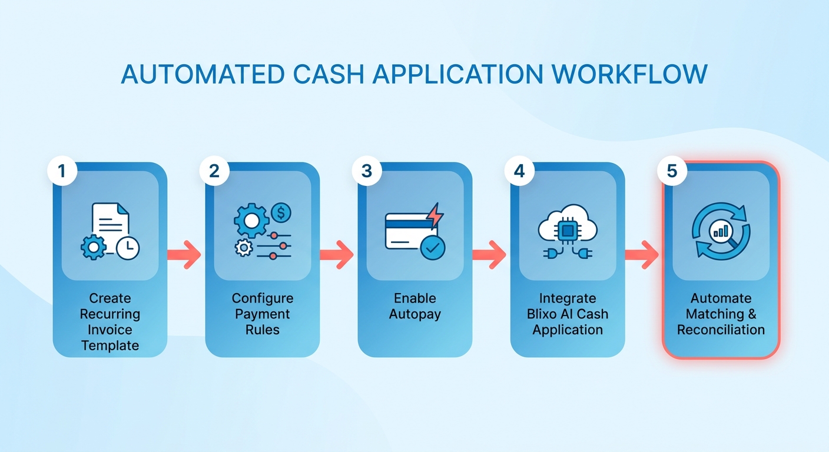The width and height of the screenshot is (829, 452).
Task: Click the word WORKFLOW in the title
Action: tap(629, 74)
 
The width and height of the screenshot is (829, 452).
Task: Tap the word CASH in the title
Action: tap(329, 74)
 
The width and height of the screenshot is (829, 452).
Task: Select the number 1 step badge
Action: tap(62, 171)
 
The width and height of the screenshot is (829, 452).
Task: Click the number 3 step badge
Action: tap(366, 171)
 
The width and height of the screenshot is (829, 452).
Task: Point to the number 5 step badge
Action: tap(672, 171)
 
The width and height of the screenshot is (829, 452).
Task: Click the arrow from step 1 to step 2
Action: tap(184, 254)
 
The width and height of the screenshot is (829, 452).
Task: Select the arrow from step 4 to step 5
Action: tap(642, 254)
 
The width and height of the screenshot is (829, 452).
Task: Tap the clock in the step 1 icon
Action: tap(128, 248)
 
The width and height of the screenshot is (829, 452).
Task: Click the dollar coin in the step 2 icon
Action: tap(281, 212)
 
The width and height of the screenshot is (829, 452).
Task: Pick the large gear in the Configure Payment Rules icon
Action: tap(251, 221)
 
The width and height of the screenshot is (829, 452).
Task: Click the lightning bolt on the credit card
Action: tap(435, 215)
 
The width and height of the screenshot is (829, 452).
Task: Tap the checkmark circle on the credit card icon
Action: tap(433, 248)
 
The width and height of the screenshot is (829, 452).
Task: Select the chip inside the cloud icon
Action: tap(568, 231)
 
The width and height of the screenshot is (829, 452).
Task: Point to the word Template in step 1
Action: tap(110, 345)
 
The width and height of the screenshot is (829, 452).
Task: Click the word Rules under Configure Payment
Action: tap(263, 330)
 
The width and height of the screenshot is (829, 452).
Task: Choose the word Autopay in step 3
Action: tap(415, 314)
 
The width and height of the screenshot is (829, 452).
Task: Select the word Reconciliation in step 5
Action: tap(721, 330)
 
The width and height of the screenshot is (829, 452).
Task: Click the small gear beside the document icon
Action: tap(93, 247)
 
